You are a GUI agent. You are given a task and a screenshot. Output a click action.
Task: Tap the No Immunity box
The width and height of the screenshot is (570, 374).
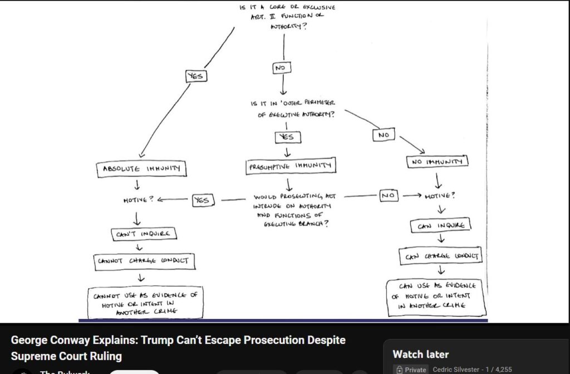click(438, 162)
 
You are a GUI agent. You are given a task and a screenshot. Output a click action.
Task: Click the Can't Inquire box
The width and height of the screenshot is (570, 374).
click(144, 234)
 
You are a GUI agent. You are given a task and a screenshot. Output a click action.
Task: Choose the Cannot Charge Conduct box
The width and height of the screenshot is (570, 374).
click(145, 260)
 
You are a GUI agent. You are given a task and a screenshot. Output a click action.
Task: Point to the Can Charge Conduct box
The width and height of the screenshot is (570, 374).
click(441, 256)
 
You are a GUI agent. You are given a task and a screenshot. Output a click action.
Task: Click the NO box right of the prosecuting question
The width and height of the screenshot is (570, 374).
click(388, 196)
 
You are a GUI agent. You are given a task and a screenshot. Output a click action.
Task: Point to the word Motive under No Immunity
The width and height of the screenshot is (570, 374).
click(440, 196)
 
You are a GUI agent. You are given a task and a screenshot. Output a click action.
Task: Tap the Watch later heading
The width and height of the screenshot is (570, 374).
click(420, 354)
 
